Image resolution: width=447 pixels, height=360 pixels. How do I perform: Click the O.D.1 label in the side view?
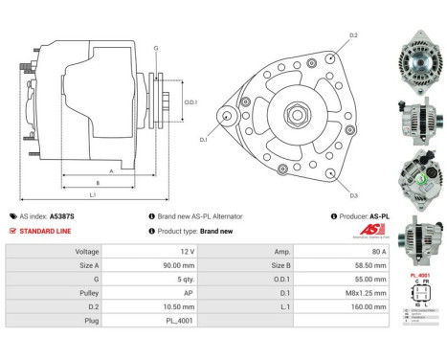(190, 102)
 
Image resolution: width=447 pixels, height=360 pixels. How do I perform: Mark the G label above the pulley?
(155, 47)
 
